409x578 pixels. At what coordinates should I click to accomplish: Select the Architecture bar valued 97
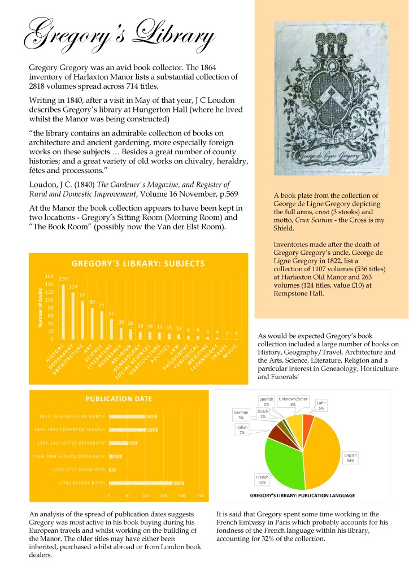82,320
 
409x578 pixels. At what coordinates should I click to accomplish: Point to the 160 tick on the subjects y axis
49,276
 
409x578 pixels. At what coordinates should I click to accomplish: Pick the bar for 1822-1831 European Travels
132,429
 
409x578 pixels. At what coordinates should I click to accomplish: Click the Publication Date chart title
119,398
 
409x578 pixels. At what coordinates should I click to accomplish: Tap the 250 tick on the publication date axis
199,496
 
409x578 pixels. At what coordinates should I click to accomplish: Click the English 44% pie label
351,457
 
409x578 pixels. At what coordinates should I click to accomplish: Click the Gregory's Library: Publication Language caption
302,496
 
